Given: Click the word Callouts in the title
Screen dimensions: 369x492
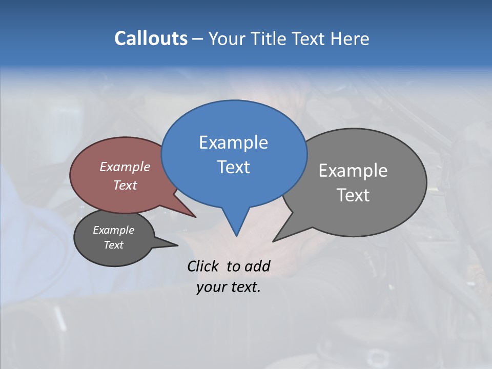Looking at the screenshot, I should [151, 38].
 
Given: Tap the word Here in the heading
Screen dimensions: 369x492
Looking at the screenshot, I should [351, 38].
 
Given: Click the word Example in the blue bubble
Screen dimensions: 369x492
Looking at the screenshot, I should [233, 142].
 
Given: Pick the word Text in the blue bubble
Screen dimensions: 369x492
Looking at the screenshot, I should [233, 167].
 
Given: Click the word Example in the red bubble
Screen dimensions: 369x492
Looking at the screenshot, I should [125, 167].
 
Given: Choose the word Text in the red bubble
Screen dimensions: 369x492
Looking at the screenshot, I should [125, 185].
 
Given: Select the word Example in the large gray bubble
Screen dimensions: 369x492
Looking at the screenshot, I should [353, 170].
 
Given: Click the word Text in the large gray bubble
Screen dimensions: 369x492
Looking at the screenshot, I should [353, 195].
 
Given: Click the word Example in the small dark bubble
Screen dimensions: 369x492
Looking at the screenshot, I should [113, 230].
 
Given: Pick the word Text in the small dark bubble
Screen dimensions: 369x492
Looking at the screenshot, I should [113, 245].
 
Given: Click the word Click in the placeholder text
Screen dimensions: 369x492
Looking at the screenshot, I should [203, 266].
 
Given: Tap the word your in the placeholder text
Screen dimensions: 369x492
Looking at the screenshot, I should [210, 288].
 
